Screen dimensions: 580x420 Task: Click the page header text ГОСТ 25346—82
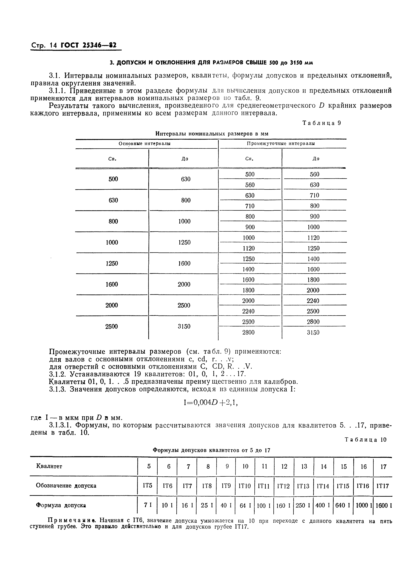tap(88, 45)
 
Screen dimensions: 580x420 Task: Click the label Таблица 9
tap(322, 123)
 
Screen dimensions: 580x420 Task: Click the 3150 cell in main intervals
tap(184, 326)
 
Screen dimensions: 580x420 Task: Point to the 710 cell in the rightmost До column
tap(314, 195)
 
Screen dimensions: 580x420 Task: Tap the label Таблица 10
tap(365, 440)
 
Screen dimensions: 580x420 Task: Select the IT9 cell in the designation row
tap(226, 485)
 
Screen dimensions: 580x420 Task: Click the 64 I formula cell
tap(245, 505)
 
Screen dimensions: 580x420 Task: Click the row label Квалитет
tap(49, 466)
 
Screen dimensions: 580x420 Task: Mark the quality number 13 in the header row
tap(304, 466)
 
